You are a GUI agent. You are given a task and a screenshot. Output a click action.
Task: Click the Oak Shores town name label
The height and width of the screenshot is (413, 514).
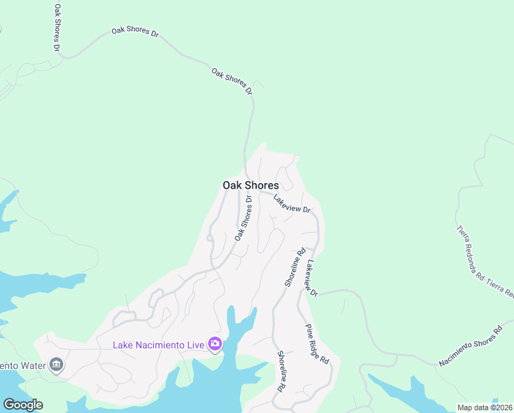251,185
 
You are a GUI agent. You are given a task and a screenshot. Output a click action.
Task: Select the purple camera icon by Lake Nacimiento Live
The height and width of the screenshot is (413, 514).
215,343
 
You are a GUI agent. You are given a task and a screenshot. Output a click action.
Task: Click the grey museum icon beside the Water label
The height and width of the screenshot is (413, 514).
57,365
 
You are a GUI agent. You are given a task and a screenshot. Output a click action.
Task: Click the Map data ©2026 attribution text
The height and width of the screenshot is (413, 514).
484,407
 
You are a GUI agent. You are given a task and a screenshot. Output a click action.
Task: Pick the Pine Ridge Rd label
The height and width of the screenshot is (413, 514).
317,344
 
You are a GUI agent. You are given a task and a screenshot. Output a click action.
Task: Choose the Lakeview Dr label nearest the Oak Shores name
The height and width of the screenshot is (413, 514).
292,204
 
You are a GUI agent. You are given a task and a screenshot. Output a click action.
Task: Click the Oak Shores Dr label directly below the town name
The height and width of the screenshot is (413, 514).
243,218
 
